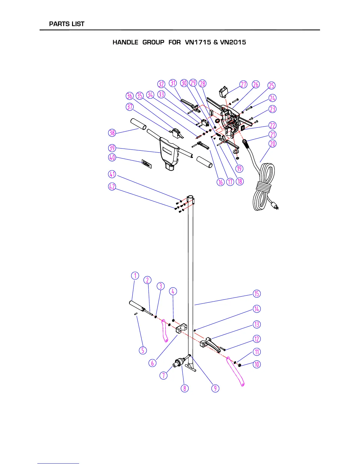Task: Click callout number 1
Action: (135, 276)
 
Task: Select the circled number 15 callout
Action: (257, 294)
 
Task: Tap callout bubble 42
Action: (112, 187)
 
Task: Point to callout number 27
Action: (244, 84)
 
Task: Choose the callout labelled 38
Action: (112, 133)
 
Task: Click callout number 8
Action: (185, 388)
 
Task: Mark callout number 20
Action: (273, 144)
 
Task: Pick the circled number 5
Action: (143, 350)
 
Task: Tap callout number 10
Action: (257, 365)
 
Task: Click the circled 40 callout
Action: (112, 157)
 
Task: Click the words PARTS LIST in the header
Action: (67, 24)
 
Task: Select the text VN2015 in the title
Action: (233, 42)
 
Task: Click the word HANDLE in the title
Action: (125, 42)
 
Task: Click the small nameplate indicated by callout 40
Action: (146, 164)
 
